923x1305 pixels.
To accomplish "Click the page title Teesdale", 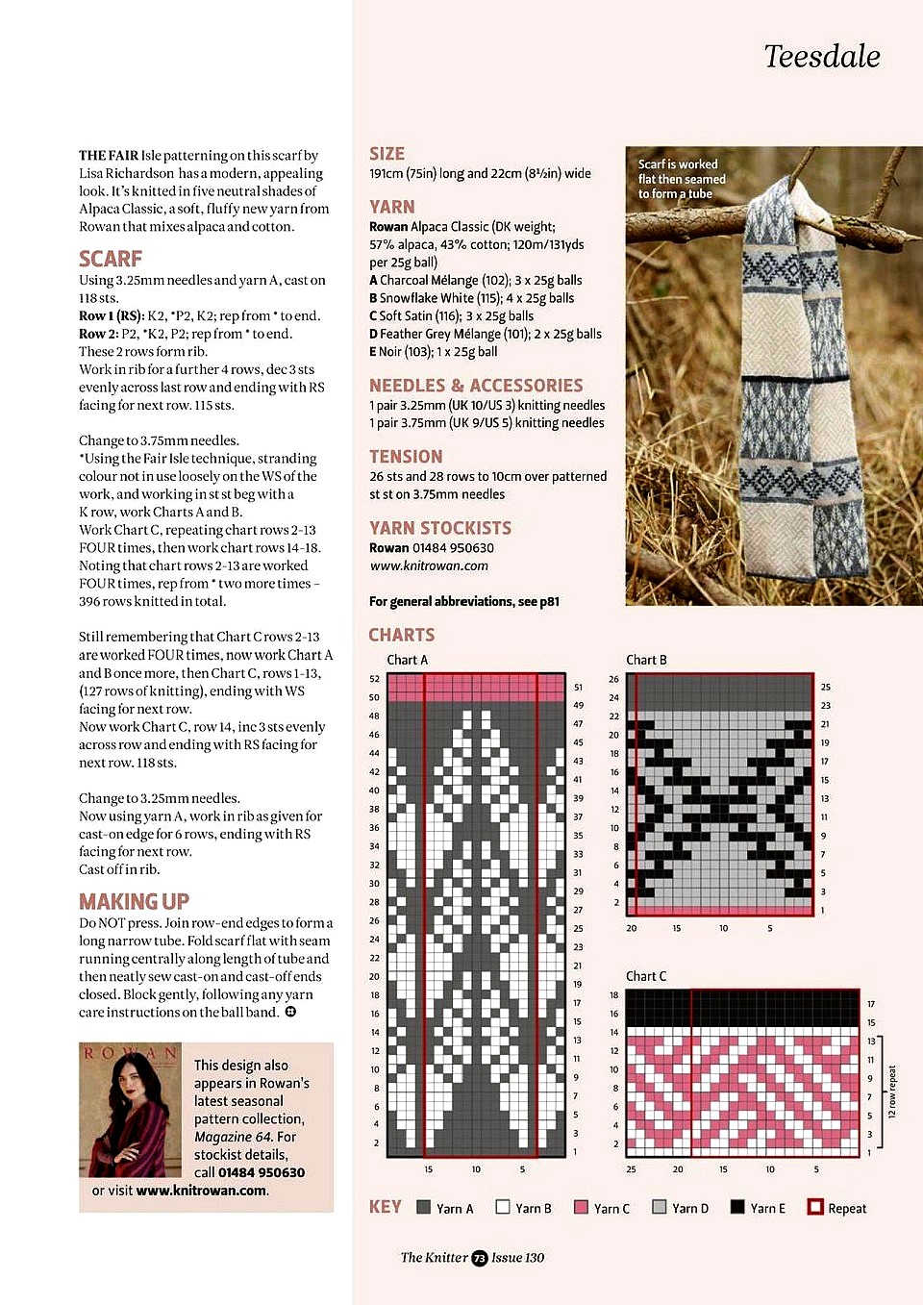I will [821, 57].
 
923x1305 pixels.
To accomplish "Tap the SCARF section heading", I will [111, 259].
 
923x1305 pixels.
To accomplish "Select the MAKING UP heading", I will [134, 901].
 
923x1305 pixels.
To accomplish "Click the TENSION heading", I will [406, 457].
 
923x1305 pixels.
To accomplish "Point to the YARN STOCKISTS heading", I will [440, 528].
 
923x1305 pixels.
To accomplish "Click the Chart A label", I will [407, 660].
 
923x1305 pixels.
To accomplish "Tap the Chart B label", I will [646, 660].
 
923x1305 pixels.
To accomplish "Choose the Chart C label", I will [646, 976].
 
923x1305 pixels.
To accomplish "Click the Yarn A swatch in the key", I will [424, 1207].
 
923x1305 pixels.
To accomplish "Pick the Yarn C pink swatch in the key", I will [581, 1207].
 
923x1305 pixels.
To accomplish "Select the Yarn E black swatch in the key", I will [737, 1207].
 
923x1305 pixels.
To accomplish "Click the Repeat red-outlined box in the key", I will [815, 1207].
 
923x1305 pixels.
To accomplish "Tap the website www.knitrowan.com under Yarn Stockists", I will [429, 565].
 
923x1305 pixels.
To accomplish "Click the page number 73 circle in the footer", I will [480, 1258].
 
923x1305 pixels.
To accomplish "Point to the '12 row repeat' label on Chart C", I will [891, 1092].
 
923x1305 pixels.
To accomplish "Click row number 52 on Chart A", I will [374, 679].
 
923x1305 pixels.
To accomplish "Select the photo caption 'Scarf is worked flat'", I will [682, 179].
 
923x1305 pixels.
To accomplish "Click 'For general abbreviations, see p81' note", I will [464, 601].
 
